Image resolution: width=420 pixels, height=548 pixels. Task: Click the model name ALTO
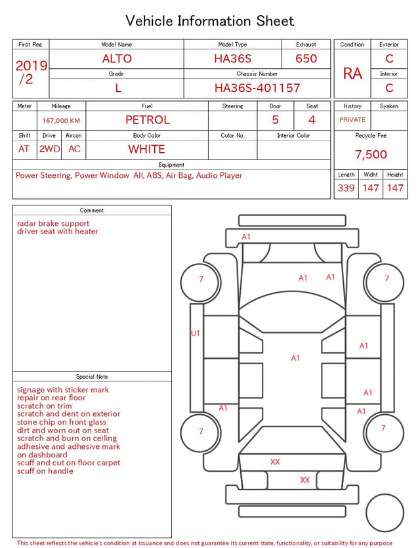pyautogui.click(x=117, y=58)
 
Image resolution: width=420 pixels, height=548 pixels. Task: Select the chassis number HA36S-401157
pyautogui.click(x=257, y=88)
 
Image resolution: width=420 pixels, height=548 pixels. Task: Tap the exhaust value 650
pyautogui.click(x=306, y=58)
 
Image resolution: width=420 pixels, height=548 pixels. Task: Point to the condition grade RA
pyautogui.click(x=352, y=74)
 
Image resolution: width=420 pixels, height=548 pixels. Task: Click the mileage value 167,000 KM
pyautogui.click(x=61, y=121)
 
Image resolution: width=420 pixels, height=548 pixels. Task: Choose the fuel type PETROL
pyautogui.click(x=148, y=120)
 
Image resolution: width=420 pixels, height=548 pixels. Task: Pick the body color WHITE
pyautogui.click(x=146, y=149)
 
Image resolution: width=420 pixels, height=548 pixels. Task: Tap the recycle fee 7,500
pyautogui.click(x=371, y=154)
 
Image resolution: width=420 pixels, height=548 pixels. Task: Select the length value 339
pyautogui.click(x=346, y=188)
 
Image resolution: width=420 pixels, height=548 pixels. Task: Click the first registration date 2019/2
pyautogui.click(x=31, y=72)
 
